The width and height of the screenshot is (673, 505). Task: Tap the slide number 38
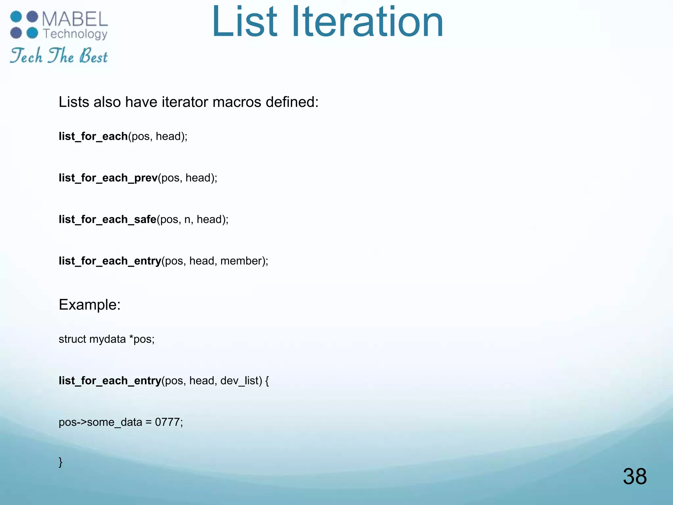point(635,476)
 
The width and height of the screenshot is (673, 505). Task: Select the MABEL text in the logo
point(75,19)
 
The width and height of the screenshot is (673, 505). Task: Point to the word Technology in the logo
point(75,34)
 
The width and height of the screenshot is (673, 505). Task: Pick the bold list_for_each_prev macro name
point(108,178)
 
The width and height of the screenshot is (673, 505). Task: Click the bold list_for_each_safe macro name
point(107,219)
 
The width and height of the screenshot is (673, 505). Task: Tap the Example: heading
point(90,304)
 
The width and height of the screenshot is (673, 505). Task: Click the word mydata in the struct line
point(107,339)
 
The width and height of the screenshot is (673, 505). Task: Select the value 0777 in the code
point(167,422)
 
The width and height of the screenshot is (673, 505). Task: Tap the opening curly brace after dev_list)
point(267,381)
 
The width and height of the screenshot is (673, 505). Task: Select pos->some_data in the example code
point(100,422)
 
